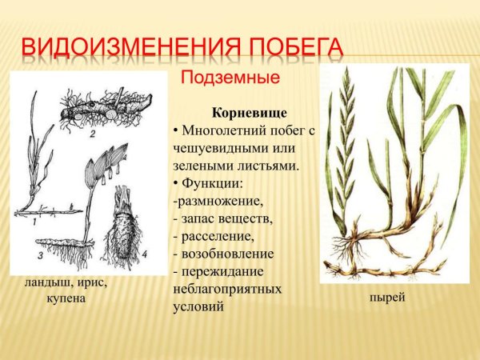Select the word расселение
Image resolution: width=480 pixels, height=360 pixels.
218,236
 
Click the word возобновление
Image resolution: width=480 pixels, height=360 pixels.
228,254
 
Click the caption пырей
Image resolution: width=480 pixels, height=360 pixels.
387,298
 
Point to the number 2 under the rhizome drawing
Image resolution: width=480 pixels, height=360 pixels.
92,134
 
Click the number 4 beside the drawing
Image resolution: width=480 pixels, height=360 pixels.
144,255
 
